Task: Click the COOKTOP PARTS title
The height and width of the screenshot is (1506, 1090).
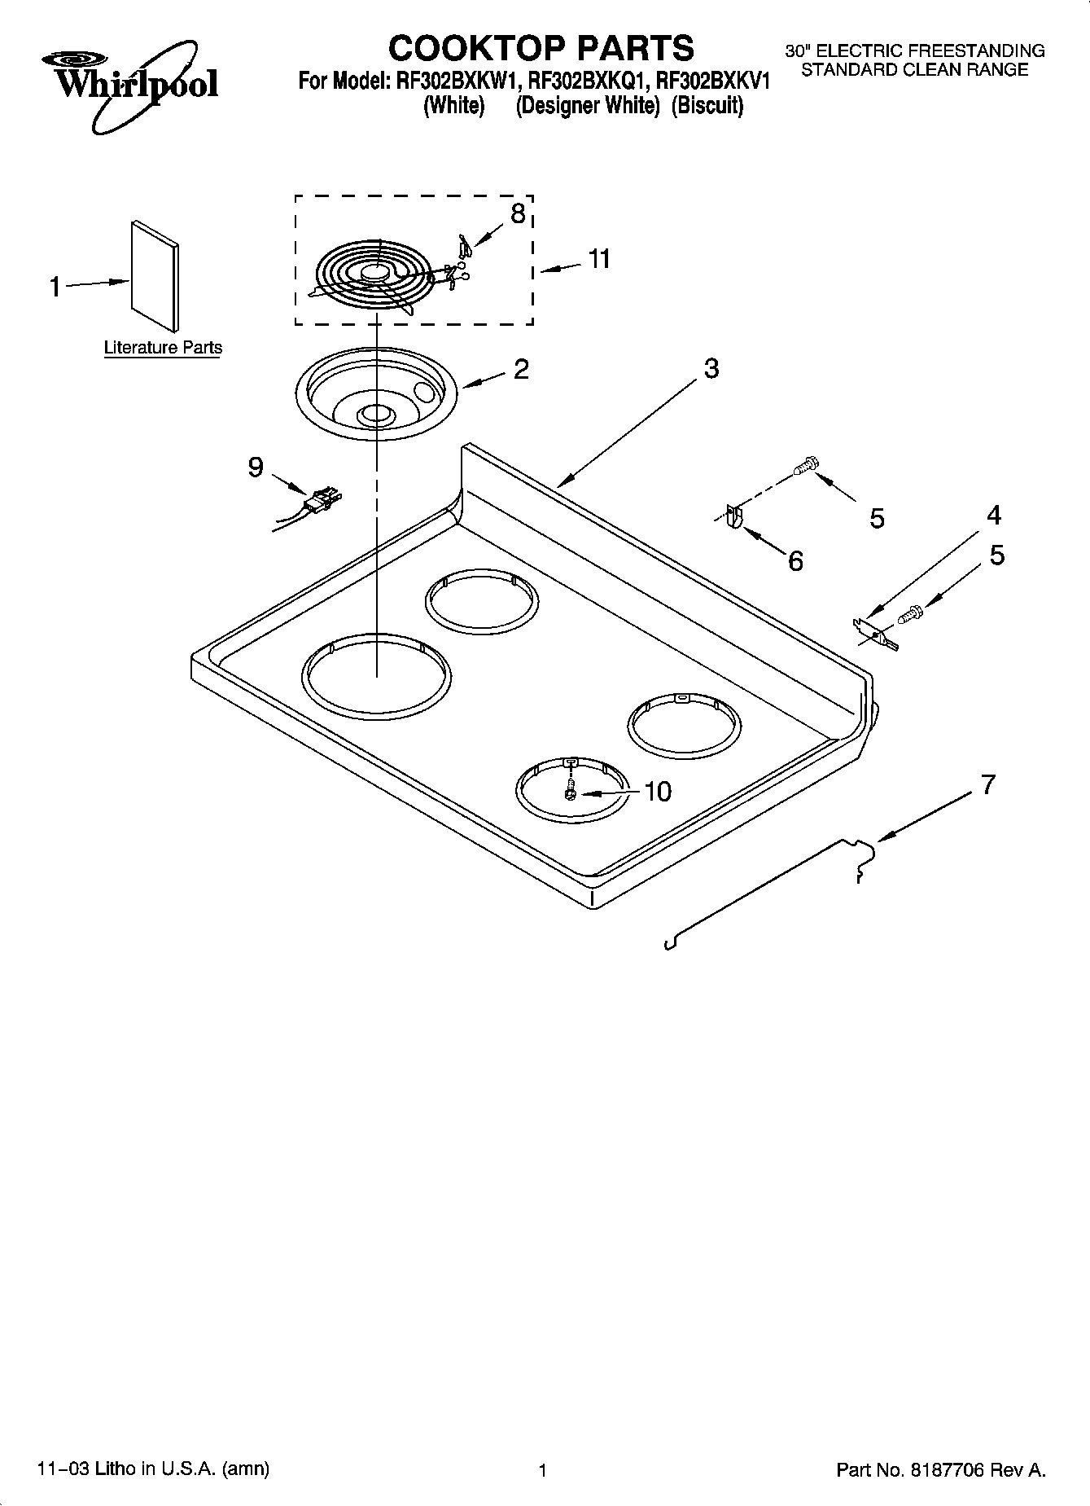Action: (541, 48)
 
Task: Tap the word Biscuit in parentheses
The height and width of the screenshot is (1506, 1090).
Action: (707, 107)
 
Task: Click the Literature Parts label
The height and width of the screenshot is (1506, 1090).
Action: (163, 348)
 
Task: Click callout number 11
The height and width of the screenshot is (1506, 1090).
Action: (599, 259)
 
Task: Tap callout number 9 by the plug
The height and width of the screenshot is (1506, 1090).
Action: (256, 468)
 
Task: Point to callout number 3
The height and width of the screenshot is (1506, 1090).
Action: (711, 369)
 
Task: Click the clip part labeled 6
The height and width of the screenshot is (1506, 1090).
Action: (733, 517)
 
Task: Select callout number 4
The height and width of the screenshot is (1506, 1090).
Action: (993, 516)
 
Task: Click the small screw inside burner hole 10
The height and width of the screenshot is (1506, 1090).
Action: (570, 791)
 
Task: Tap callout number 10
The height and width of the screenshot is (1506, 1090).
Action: (657, 792)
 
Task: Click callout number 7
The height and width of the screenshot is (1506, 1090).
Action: (987, 785)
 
